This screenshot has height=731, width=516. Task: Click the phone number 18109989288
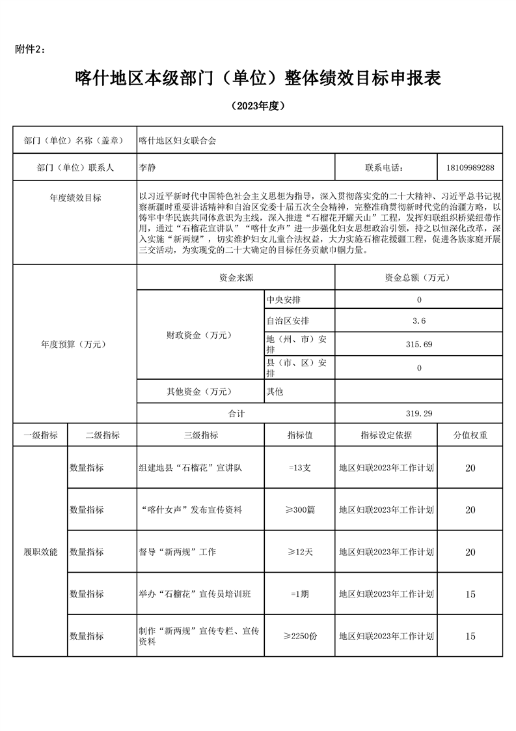(x=470, y=167)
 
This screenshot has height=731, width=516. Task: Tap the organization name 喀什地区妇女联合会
(x=177, y=139)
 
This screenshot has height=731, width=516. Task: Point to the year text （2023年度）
(x=258, y=106)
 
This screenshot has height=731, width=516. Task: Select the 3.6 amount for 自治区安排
(x=418, y=321)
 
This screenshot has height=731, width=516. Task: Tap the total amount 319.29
(x=418, y=413)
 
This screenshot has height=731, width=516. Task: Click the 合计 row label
(x=236, y=413)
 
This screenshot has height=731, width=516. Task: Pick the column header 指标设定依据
(x=386, y=435)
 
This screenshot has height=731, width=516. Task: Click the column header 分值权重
(x=470, y=435)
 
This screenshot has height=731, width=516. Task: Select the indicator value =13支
(x=299, y=468)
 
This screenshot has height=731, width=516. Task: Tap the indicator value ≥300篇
(x=299, y=509)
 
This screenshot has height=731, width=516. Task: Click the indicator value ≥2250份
(x=299, y=636)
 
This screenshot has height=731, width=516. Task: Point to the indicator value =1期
(x=299, y=594)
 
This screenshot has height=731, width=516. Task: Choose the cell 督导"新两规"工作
(x=178, y=552)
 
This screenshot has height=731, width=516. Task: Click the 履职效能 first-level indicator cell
(x=40, y=552)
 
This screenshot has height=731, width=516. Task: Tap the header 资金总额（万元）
(x=418, y=278)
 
